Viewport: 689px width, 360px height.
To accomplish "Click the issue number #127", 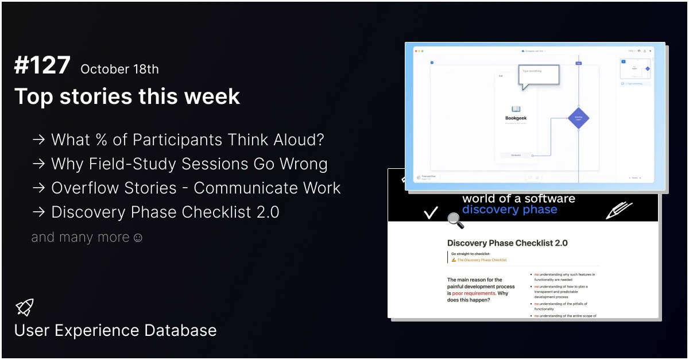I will point(42,67).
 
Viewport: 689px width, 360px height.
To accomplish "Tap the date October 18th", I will point(119,69).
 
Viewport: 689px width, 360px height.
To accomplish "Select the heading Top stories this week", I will point(127,96).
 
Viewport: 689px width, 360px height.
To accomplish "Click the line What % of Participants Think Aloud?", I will point(187,140).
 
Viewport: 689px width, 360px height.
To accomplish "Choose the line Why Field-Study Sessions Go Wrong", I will point(189,164).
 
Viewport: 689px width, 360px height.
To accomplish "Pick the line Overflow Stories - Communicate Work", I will point(196,188).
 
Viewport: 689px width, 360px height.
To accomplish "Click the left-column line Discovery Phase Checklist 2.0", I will point(165,212).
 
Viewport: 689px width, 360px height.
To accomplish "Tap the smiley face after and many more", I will point(138,237).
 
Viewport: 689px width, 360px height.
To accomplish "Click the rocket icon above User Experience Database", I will point(25,307).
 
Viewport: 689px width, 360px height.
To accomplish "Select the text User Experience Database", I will point(115,331).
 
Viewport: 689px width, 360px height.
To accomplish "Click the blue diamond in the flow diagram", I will point(578,118).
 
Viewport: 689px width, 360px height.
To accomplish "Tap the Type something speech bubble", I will point(539,76).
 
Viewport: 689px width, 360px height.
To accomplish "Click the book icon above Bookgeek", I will point(516,109).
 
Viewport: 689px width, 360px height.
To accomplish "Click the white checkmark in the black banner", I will point(431,213).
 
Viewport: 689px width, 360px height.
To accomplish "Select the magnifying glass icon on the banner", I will point(455,220).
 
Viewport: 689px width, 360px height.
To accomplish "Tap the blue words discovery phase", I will point(509,210).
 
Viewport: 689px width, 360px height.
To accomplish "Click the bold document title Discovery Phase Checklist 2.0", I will point(507,243).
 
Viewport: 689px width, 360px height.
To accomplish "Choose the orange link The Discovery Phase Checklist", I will point(482,260).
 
